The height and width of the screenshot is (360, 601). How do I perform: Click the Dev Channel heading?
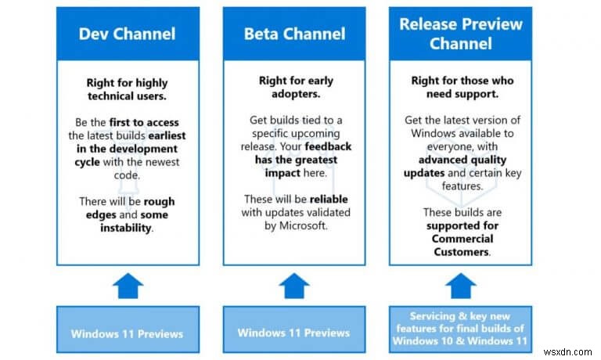(x=127, y=34)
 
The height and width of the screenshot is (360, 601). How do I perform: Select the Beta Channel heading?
(x=293, y=34)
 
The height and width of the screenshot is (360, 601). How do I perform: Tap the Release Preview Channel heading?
(x=461, y=33)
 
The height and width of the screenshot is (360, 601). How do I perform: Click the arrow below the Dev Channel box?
(x=127, y=285)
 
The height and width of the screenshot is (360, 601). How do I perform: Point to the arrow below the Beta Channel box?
(x=293, y=285)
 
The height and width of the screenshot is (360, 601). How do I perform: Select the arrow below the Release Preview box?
(x=461, y=285)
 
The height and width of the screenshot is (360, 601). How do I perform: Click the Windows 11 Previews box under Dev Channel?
(x=127, y=333)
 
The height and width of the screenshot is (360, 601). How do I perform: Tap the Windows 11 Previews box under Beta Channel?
(x=293, y=333)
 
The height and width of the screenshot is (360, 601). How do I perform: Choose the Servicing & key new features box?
(x=461, y=333)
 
